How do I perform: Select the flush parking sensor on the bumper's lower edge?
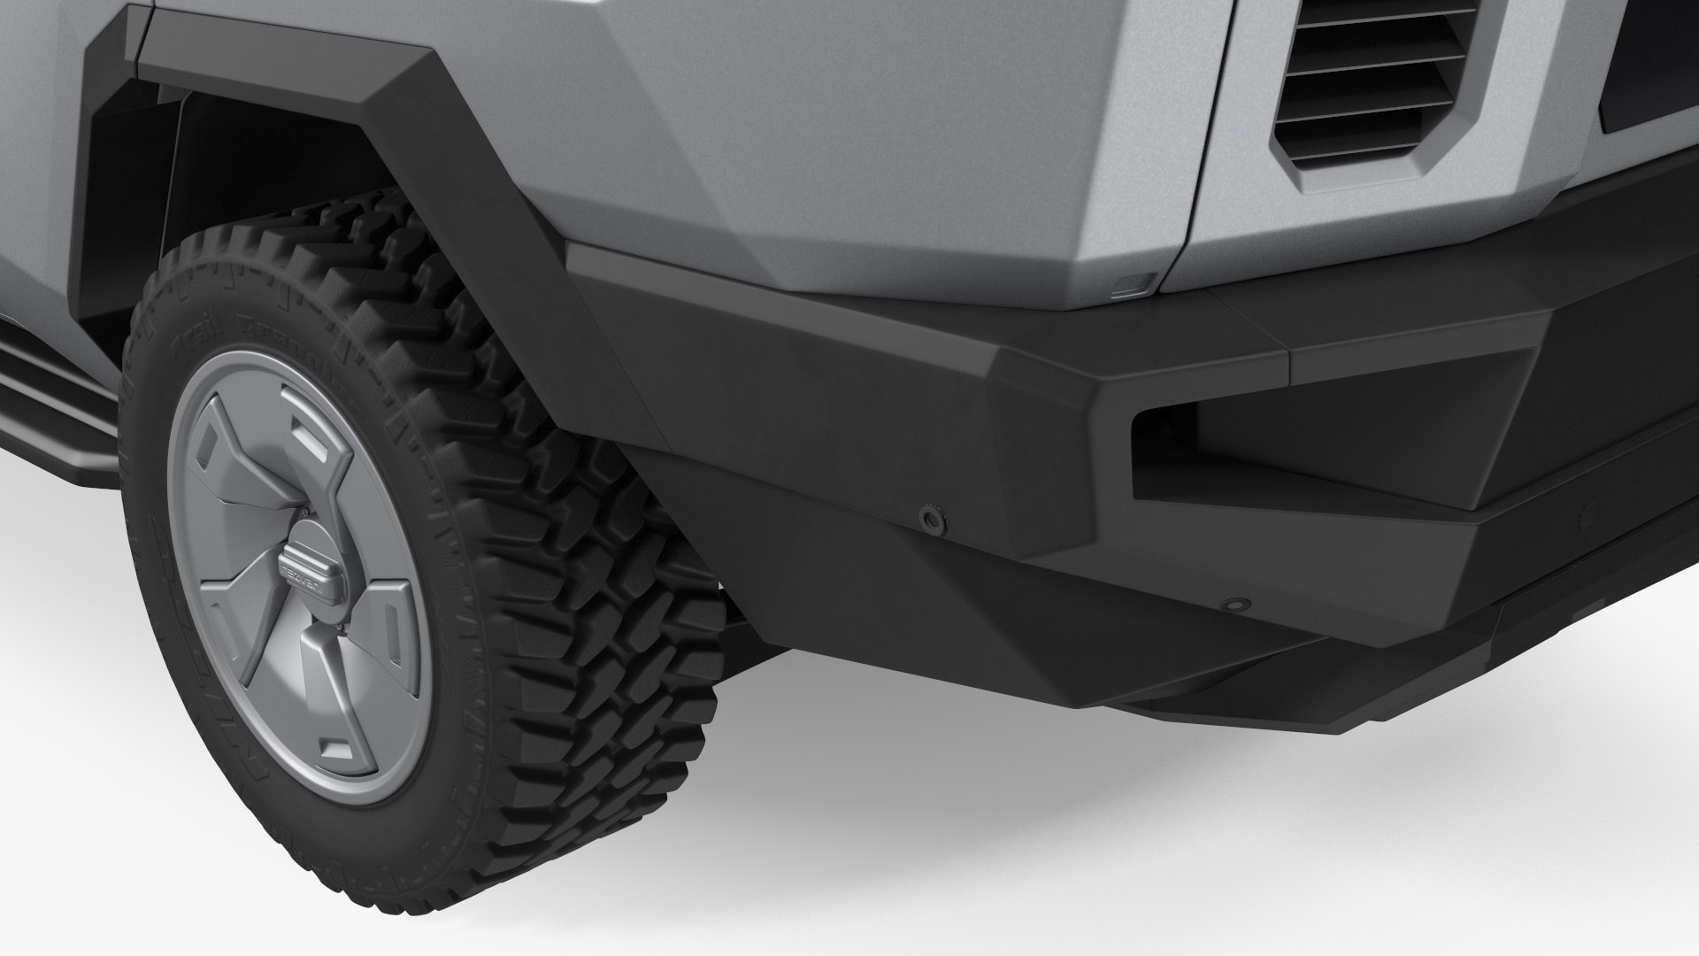pos(1232,605)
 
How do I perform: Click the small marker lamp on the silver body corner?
pos(1132,285)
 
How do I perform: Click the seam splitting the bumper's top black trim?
pos(1285,354)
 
